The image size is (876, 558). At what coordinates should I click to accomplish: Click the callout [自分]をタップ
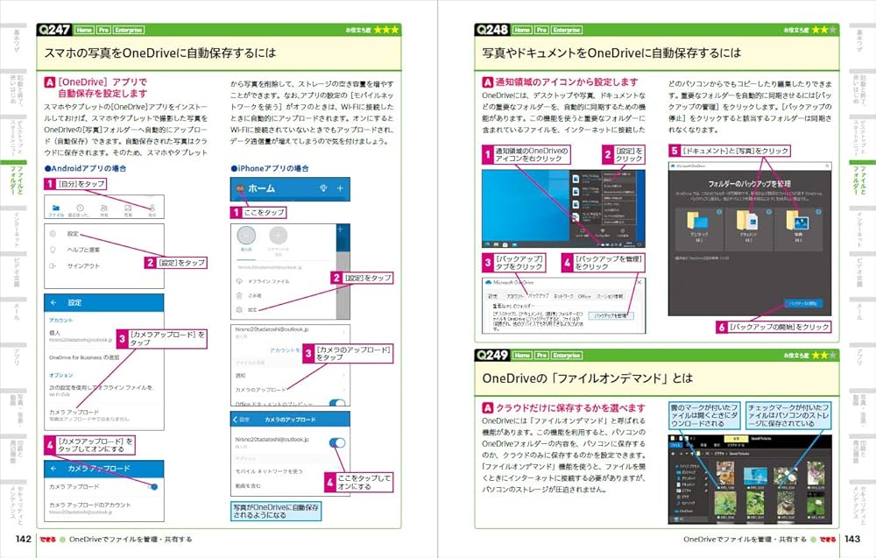coord(81,184)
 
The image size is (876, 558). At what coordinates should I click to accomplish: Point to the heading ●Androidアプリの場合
coord(86,168)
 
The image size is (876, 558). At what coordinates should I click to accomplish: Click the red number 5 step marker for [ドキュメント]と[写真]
coord(675,151)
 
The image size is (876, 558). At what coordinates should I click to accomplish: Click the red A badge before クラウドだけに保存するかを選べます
coord(488,408)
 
